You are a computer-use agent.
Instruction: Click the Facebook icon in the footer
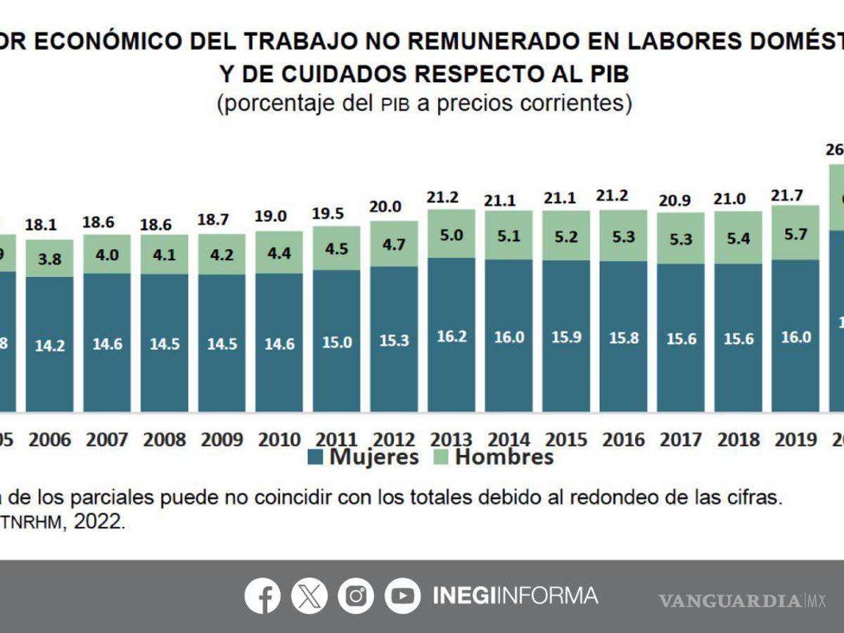coord(262,596)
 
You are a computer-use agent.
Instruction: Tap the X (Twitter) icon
coord(309,596)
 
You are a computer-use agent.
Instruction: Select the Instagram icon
coord(356,596)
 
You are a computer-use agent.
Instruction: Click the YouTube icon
coord(402,596)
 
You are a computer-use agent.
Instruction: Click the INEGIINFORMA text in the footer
coord(515,596)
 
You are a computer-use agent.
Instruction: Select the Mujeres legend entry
coord(363,457)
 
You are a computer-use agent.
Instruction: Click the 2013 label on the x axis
coord(452,440)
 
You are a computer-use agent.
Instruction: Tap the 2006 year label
coord(49,440)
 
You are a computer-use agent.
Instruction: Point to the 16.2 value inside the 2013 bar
coord(452,337)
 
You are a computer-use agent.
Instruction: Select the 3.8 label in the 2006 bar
coord(49,259)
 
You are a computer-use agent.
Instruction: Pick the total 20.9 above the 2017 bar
coord(680,200)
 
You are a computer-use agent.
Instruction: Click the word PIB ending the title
coord(603,72)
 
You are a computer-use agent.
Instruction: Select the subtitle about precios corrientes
coord(424,103)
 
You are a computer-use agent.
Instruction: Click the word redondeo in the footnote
coord(610,497)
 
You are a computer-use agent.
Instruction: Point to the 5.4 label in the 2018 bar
coord(738,238)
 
